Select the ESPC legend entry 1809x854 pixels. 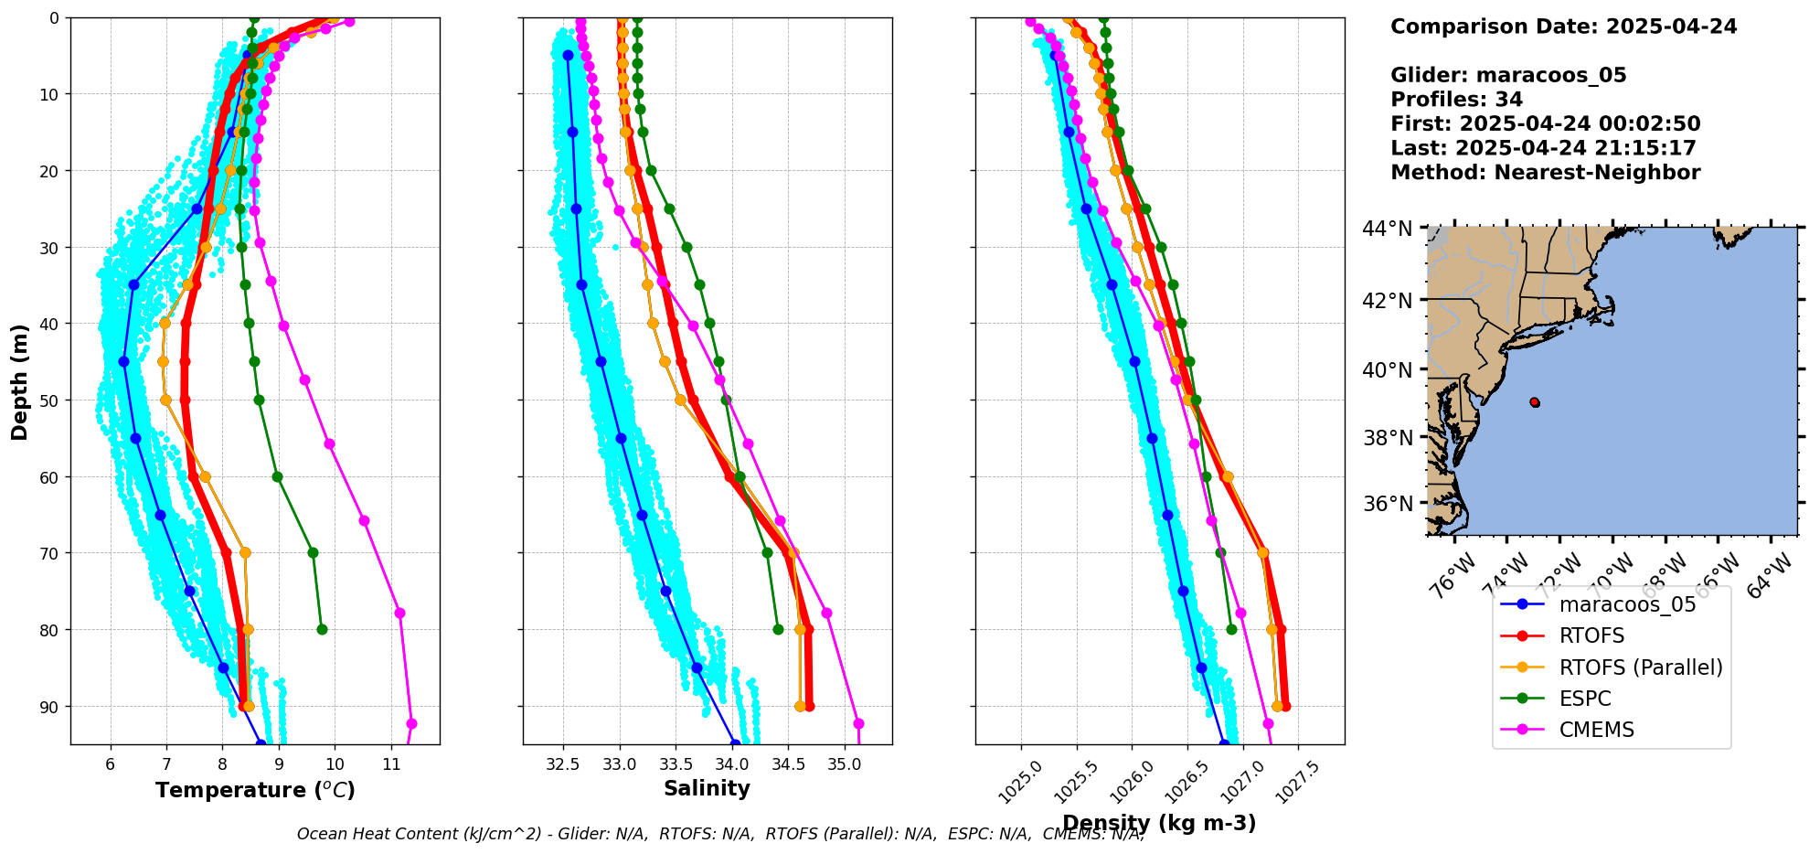[1585, 699]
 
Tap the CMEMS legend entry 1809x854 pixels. [1596, 730]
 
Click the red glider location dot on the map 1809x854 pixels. [1534, 402]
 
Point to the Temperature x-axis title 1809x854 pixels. [255, 790]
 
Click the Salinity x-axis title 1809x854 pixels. [707, 788]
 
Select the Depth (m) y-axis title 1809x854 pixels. [20, 381]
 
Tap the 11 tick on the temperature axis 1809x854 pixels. [391, 764]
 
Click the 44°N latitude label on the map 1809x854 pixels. [1387, 229]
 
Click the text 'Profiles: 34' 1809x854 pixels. [1456, 100]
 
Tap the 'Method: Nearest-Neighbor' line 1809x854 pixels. [1545, 173]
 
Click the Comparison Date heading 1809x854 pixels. [1563, 27]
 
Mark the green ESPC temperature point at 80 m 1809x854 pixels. [322, 629]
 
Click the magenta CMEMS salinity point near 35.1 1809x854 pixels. [858, 724]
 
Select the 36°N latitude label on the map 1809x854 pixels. [1387, 504]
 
